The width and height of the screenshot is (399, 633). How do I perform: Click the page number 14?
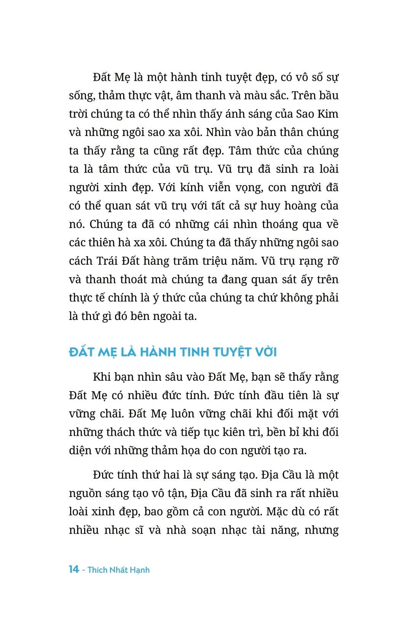point(74,569)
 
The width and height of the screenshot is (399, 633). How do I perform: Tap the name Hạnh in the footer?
point(139,570)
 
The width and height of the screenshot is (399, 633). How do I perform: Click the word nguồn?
point(85,493)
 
